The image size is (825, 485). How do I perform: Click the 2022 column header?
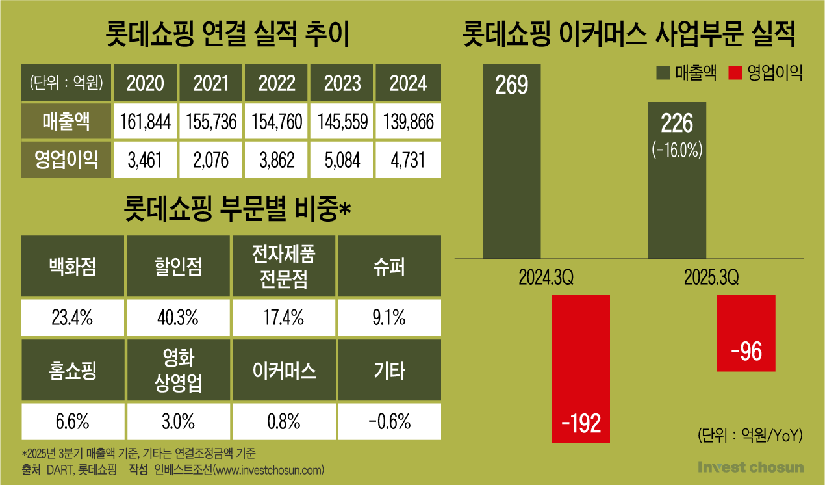click(x=277, y=83)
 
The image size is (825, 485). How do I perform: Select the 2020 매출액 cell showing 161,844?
click(x=145, y=121)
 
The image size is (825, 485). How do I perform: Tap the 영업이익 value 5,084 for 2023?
click(x=342, y=160)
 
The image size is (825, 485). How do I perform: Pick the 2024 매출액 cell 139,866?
click(x=408, y=121)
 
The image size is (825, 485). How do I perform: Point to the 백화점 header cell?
click(x=73, y=267)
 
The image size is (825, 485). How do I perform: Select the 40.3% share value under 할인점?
click(x=179, y=318)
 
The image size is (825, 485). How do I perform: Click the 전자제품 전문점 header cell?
click(x=284, y=267)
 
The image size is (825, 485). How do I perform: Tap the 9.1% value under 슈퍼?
click(x=389, y=318)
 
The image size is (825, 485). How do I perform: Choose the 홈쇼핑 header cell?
click(x=73, y=371)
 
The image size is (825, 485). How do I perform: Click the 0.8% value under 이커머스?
click(x=284, y=421)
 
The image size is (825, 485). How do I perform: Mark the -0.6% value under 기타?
click(x=389, y=421)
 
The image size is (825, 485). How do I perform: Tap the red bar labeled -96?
click(x=746, y=333)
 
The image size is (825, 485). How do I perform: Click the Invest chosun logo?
click(x=750, y=467)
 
